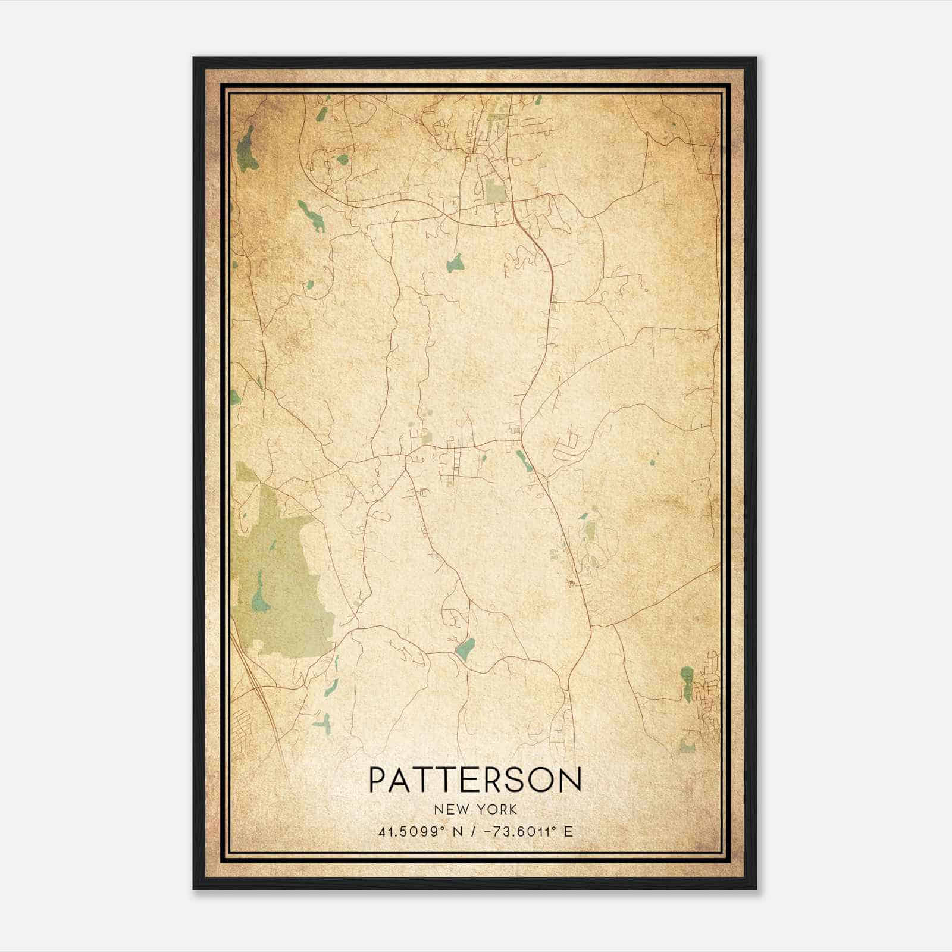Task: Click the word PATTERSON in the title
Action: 475,779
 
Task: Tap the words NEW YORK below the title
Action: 475,810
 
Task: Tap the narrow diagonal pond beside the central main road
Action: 524,461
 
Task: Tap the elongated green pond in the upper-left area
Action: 312,215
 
